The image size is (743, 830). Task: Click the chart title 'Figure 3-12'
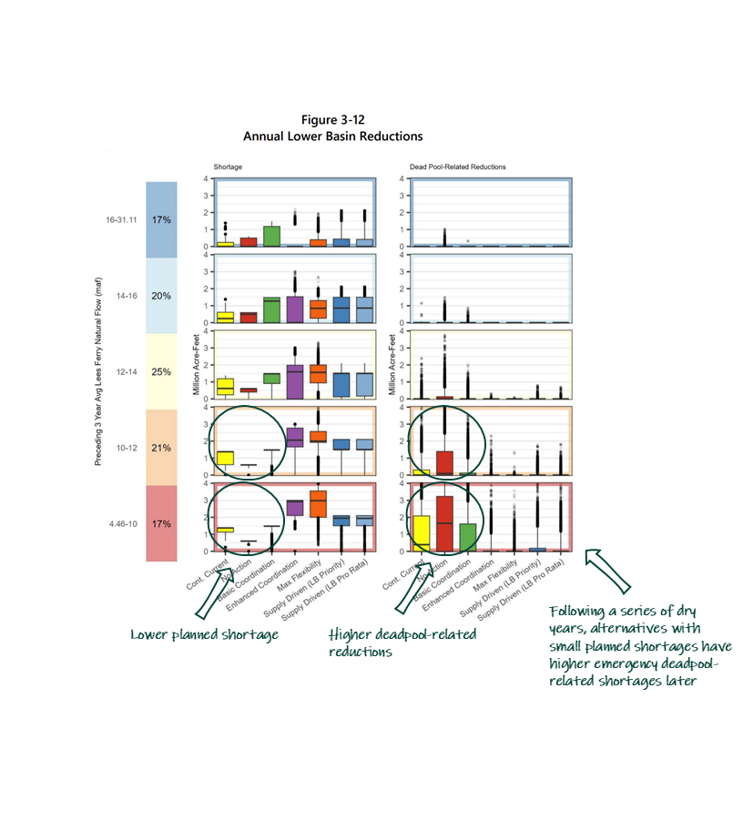[x=332, y=120]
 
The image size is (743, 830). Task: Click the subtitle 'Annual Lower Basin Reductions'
[x=332, y=136]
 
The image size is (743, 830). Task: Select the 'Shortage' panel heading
[x=228, y=167]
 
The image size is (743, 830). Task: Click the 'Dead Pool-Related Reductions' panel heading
[x=454, y=167]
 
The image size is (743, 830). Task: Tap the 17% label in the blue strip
[x=162, y=219]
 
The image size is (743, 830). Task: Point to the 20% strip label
[x=162, y=296]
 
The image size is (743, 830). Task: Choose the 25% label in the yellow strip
[x=162, y=372]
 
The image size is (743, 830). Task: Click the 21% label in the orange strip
[x=162, y=448]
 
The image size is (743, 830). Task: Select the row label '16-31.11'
[x=119, y=219]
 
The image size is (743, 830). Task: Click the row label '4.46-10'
[x=121, y=524]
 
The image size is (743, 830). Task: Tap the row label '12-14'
[x=124, y=372]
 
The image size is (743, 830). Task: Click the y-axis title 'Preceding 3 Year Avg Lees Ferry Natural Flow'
[x=97, y=372]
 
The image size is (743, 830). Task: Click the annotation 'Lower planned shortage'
[x=205, y=634]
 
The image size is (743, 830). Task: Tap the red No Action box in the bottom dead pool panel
[x=445, y=523]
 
